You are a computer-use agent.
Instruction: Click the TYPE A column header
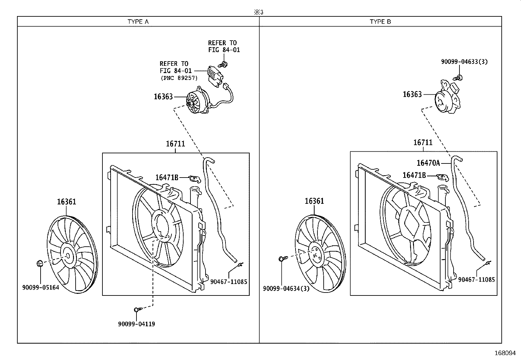[138, 22]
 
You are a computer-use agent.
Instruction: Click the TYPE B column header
[380, 22]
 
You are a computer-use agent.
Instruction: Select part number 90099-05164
[41, 288]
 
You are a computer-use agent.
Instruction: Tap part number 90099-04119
[136, 324]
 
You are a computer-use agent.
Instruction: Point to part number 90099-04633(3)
[464, 62]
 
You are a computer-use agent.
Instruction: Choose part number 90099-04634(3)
[286, 289]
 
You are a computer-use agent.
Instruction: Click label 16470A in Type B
[428, 163]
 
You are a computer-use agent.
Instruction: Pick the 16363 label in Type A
[163, 97]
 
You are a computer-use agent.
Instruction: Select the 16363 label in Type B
[412, 94]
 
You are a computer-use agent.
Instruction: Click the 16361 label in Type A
[66, 202]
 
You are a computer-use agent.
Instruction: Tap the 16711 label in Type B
[423, 142]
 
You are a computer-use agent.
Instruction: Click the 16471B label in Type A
[167, 178]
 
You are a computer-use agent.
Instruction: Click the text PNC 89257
[179, 78]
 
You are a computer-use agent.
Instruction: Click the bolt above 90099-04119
[137, 309]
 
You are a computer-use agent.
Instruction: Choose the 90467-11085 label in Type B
[476, 279]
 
